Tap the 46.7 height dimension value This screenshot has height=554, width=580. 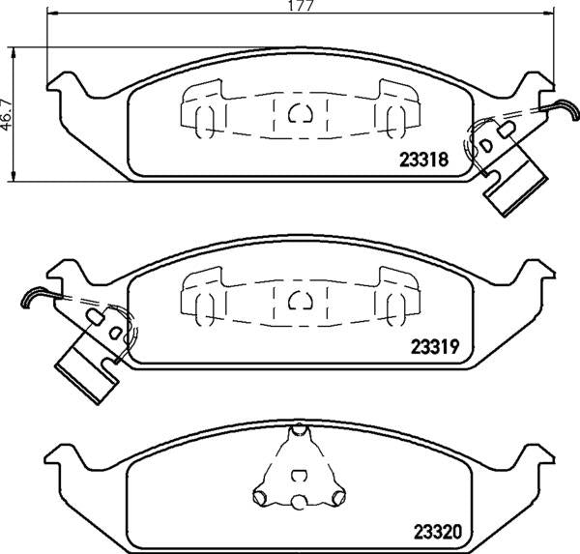8,111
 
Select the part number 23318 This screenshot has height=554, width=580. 423,162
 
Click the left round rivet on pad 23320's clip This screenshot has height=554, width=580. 260,498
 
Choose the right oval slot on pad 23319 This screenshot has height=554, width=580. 393,307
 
